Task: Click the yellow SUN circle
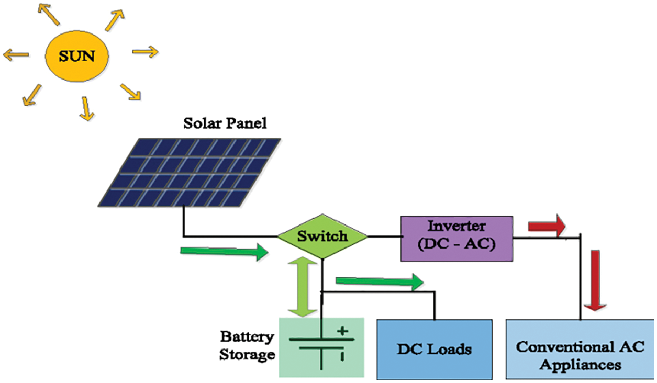coord(77,55)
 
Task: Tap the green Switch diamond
coord(322,236)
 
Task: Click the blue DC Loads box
coord(435,348)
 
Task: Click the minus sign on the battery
coord(342,356)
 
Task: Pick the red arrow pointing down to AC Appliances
coord(595,280)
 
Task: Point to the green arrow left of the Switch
coord(224,252)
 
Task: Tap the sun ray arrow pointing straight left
coord(16,53)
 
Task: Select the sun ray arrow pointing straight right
coord(145,51)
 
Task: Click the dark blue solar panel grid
coord(190,172)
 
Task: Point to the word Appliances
coord(580,364)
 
